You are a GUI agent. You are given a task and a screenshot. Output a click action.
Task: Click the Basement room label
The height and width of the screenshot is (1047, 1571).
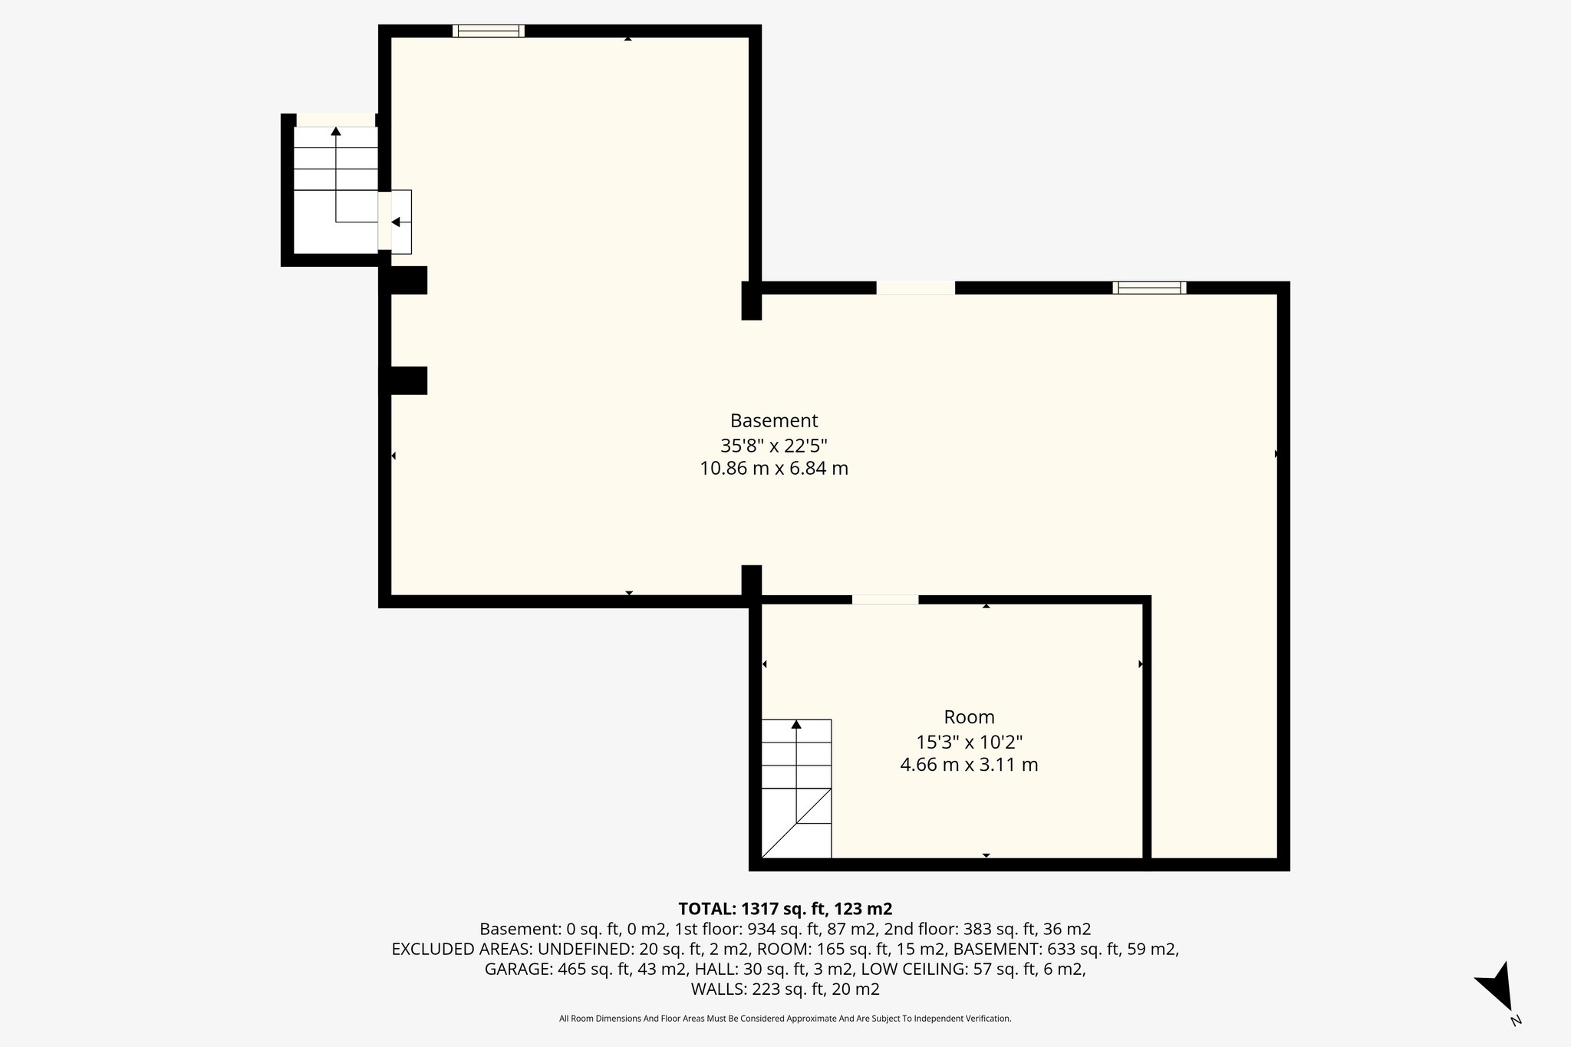(773, 421)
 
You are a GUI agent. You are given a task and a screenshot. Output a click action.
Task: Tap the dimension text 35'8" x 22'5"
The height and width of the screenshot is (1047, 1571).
(773, 446)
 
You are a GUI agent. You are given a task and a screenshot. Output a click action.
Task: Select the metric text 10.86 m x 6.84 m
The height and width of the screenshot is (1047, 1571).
(773, 469)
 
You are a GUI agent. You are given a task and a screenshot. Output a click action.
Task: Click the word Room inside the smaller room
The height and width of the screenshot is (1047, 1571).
(969, 717)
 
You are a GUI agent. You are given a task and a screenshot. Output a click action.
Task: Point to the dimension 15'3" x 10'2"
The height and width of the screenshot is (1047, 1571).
(969, 742)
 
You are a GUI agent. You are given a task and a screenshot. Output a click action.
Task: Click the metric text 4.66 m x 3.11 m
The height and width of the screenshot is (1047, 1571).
(969, 765)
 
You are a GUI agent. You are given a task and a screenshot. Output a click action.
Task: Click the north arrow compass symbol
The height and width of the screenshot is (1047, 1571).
(1497, 994)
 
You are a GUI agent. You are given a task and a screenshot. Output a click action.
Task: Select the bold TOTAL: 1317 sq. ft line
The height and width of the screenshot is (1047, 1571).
(785, 909)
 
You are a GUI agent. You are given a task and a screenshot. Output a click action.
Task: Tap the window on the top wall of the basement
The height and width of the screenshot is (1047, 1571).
(489, 31)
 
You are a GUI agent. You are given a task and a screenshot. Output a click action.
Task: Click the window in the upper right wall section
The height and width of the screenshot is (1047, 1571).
(1149, 288)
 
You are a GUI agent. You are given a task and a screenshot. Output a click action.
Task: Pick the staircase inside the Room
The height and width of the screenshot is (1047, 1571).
(796, 788)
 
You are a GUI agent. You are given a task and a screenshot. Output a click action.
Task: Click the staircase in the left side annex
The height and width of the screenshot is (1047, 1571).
(335, 176)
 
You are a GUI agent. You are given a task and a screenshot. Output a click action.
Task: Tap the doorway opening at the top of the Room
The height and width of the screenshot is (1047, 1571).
(884, 600)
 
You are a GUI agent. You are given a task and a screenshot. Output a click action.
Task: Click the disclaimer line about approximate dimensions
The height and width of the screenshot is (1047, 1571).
(785, 1019)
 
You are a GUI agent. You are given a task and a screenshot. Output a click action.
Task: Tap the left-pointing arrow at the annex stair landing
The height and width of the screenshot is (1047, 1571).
(396, 222)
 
